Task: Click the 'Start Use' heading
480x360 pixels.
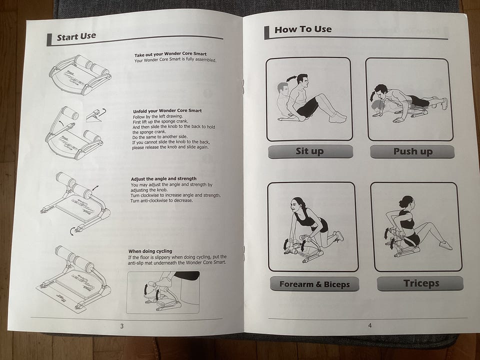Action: pos(76,36)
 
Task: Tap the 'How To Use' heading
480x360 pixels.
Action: pos(303,29)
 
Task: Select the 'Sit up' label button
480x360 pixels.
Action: pos(310,151)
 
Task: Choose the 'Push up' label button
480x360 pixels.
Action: pos(412,151)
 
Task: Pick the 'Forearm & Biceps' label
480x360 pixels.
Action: pos(314,284)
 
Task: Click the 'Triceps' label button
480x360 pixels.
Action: pos(420,283)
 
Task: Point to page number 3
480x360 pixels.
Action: pos(122,326)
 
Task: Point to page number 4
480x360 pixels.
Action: pos(370,325)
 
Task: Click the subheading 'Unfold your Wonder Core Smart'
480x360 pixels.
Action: pos(167,111)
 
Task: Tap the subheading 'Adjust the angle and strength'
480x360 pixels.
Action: pos(164,179)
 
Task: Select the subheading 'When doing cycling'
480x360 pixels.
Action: pos(150,251)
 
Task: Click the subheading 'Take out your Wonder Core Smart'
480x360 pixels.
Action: pos(170,54)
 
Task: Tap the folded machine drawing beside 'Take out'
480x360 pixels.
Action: pos(80,75)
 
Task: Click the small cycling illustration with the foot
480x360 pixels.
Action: pos(163,292)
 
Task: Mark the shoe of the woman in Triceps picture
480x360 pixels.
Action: pos(445,245)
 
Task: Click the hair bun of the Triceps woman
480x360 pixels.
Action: pos(402,203)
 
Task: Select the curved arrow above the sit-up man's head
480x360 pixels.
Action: pos(291,78)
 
